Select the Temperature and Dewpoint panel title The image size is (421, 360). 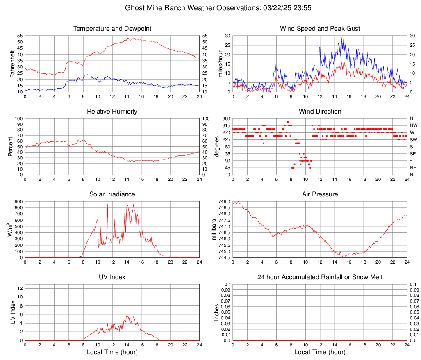112,29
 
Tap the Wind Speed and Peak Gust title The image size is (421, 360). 320,29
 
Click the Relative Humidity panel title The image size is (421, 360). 112,112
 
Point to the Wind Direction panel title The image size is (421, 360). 320,112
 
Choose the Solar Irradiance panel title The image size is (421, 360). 112,194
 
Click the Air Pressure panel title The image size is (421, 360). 320,194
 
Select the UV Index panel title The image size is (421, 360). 112,277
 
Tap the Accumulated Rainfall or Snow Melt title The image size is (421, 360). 320,277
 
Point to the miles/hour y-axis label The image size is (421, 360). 220,64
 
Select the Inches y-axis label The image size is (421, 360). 217,312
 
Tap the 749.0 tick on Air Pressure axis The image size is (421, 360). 225,201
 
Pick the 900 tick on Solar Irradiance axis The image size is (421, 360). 18,201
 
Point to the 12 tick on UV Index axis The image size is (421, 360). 19,288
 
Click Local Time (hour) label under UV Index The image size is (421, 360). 112,352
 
